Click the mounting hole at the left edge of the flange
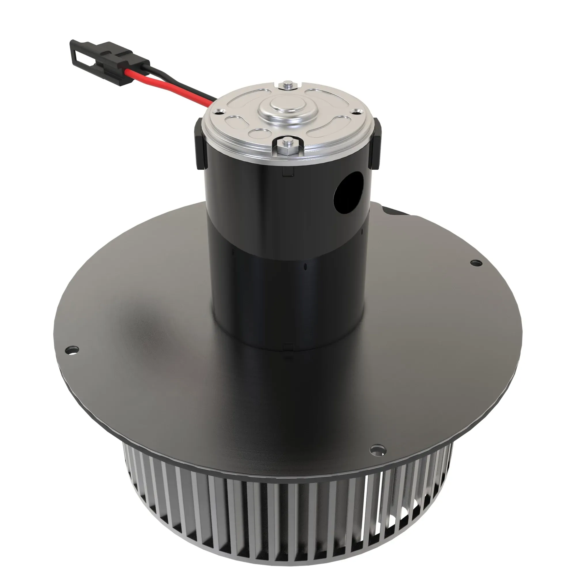pyautogui.click(x=73, y=349)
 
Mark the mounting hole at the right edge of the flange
pyautogui.click(x=475, y=263)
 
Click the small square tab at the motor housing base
pyautogui.click(x=288, y=347)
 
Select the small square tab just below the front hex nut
pyautogui.click(x=288, y=171)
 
